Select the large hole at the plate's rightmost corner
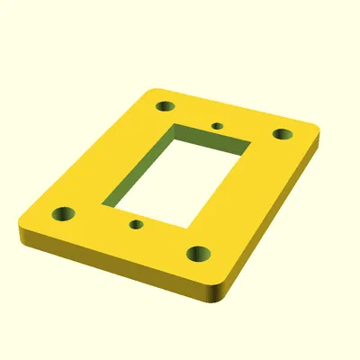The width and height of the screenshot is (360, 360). coord(283,134)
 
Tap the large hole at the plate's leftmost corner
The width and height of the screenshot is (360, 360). coord(64,214)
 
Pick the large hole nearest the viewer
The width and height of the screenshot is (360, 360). coord(199,253)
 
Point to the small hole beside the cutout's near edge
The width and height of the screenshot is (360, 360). coord(136,223)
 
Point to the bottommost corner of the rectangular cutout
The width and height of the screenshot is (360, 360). coord(190,227)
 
